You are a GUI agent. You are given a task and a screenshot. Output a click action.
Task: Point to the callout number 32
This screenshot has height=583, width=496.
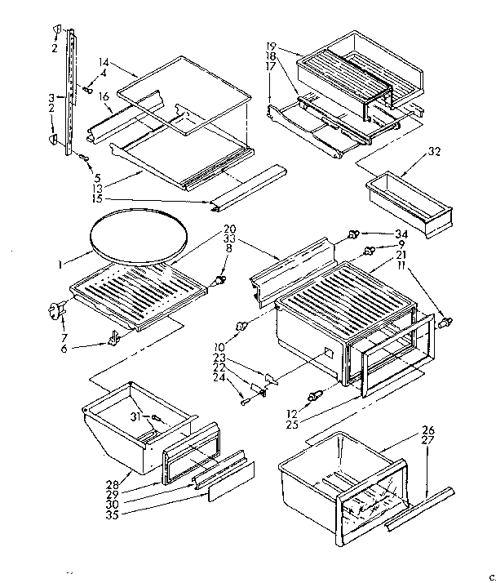pyautogui.click(x=435, y=152)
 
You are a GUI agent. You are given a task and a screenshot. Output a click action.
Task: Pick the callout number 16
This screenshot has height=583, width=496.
pyautogui.click(x=104, y=96)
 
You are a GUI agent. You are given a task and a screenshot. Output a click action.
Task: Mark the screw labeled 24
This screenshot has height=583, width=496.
pyautogui.click(x=245, y=399)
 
